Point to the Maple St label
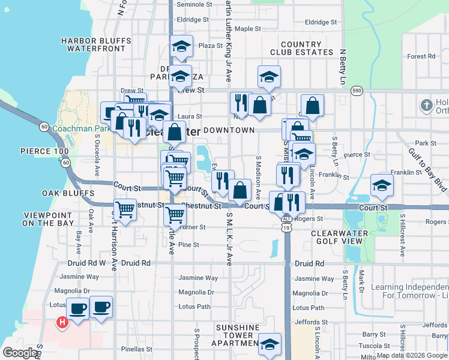pyautogui.click(x=247, y=28)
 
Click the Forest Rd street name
pyautogui.click(x=421, y=56)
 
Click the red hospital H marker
pyautogui.click(x=61, y=323)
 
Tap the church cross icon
pyautogui.click(x=426, y=106)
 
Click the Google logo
pyautogui.click(x=20, y=352)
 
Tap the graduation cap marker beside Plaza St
pyautogui.click(x=181, y=47)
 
